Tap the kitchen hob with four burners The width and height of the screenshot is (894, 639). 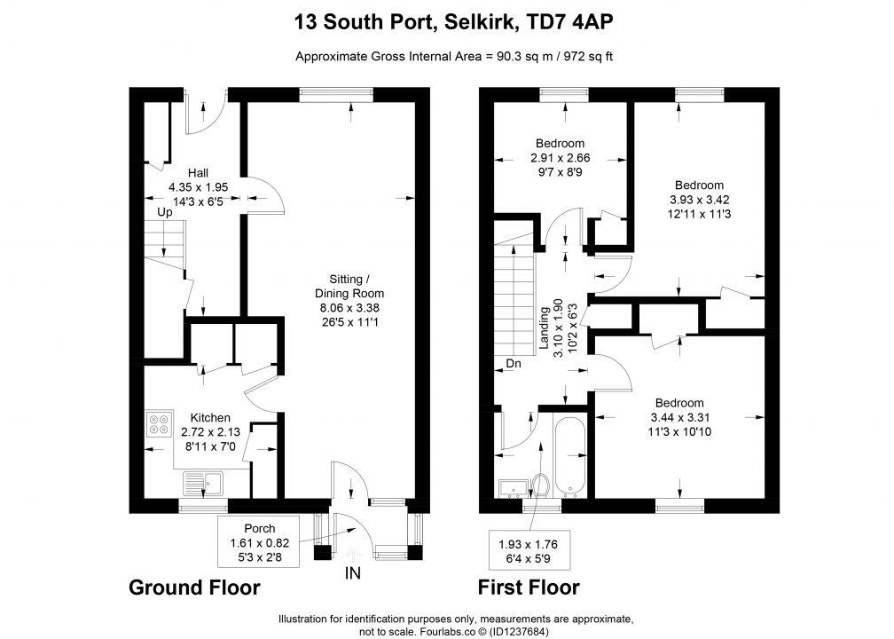(x=161, y=425)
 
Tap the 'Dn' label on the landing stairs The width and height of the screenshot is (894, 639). (x=513, y=364)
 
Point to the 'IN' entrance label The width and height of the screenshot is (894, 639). (x=353, y=574)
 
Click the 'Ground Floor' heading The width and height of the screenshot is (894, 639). (x=194, y=588)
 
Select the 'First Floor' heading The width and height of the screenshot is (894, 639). (x=528, y=588)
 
